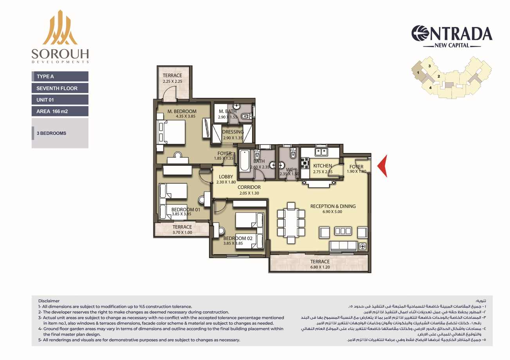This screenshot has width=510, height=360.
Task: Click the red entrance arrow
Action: pyautogui.click(x=382, y=166)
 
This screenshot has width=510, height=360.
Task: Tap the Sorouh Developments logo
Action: pyautogui.click(x=60, y=36)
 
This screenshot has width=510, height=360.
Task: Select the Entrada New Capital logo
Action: pyautogui.click(x=452, y=36)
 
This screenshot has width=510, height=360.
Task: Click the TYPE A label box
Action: pyautogui.click(x=60, y=76)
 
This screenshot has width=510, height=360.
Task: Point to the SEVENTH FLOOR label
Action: pyautogui.click(x=57, y=88)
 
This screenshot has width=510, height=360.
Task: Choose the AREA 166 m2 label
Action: pyautogui.click(x=52, y=111)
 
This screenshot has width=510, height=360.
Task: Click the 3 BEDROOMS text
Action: pyautogui.click(x=51, y=133)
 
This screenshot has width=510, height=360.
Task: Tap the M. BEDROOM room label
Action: pyautogui.click(x=182, y=111)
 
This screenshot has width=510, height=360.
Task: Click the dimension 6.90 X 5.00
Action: pyautogui.click(x=332, y=212)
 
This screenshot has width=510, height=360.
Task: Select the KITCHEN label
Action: pyautogui.click(x=323, y=166)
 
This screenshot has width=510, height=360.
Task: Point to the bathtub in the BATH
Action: pyautogui.click(x=244, y=160)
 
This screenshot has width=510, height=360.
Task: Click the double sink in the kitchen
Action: pyautogui.click(x=321, y=152)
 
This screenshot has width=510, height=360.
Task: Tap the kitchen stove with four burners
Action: pyautogui.click(x=304, y=163)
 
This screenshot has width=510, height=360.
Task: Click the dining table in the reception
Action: pyautogui.click(x=291, y=223)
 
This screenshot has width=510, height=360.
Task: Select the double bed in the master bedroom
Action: pyautogui.click(x=171, y=132)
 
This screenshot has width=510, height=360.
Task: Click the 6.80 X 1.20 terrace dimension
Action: pyautogui.click(x=320, y=267)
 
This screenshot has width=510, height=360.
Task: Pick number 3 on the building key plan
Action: pyautogui.click(x=430, y=66)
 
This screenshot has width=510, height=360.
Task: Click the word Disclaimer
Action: pyautogui.click(x=49, y=301)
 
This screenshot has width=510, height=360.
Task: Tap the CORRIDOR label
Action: pyautogui.click(x=249, y=187)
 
